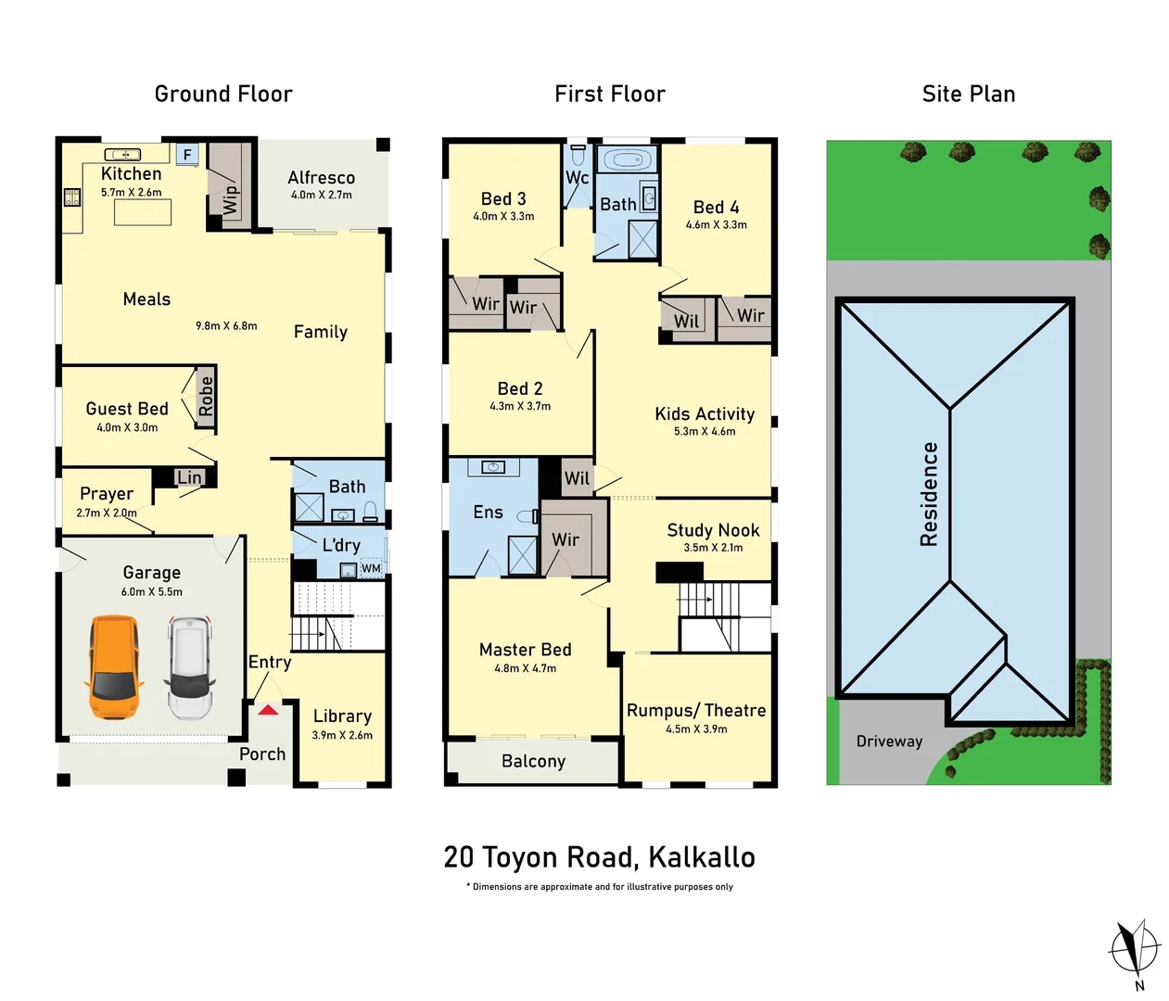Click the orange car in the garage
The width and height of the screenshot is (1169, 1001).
point(114,667)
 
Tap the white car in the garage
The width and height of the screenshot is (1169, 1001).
point(190,667)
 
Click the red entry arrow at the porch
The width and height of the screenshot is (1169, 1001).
point(268,710)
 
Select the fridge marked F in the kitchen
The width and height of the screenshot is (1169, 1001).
point(187,155)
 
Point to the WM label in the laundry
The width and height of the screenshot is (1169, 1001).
point(371,568)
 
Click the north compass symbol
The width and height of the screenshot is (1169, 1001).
point(1134,948)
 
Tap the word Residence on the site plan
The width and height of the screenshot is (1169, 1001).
point(929,494)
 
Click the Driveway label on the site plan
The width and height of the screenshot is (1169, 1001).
point(889,741)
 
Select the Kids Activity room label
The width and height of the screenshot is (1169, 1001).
point(705,414)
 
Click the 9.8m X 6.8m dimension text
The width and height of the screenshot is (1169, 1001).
point(226,325)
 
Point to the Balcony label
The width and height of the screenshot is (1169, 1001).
point(533,761)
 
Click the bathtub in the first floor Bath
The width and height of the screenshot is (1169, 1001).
point(628,160)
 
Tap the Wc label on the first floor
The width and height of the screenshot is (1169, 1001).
point(577,177)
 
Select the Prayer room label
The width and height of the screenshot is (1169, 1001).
point(107,494)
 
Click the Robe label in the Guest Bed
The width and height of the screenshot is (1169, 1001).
point(206,397)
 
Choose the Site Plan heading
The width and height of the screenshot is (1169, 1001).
point(969,94)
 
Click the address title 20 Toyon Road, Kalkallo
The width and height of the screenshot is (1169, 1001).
point(599,857)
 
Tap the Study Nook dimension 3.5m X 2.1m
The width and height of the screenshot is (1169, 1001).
point(713,548)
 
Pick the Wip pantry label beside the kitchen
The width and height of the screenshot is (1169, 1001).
point(230,199)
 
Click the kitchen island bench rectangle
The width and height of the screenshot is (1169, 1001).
point(143,212)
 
